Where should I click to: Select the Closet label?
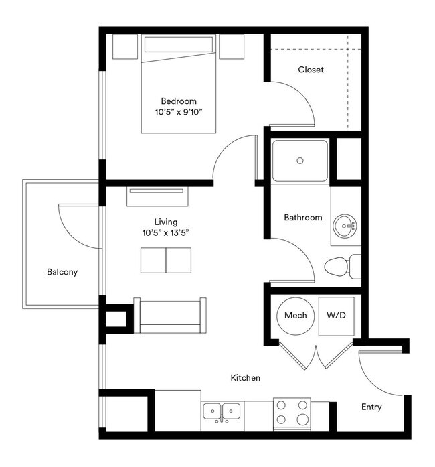[311, 70]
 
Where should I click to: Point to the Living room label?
[165, 222]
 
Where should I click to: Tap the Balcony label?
[62, 272]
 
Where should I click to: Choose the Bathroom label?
[302, 218]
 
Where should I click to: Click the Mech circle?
[295, 315]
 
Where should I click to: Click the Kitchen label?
[245, 378]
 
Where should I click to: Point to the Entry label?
[371, 407]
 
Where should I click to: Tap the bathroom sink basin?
[346, 226]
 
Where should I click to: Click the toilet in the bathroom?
[340, 267]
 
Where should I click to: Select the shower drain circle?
[300, 161]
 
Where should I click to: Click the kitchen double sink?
[222, 411]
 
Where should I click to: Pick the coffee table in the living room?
[165, 260]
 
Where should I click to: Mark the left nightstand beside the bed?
[124, 46]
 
